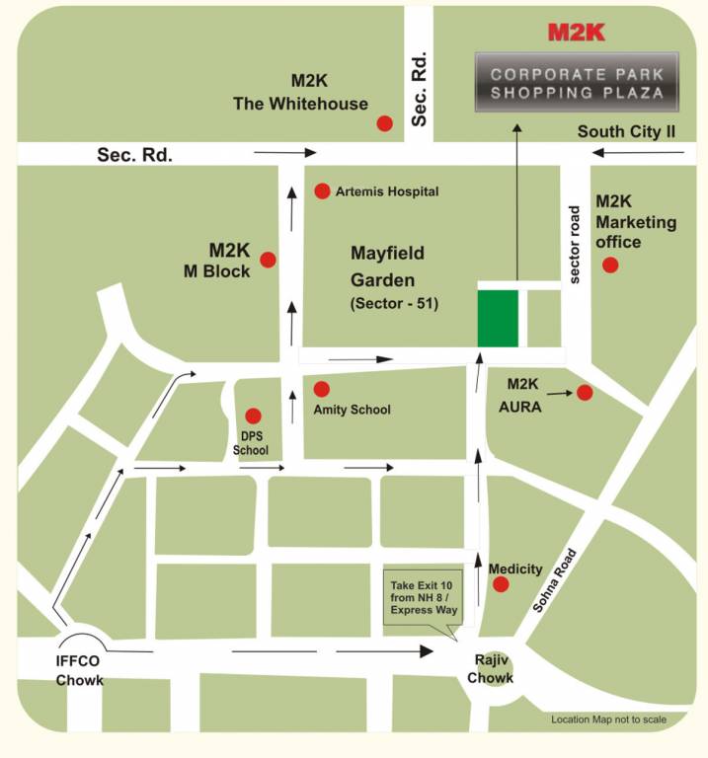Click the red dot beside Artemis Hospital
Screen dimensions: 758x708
[x=322, y=190]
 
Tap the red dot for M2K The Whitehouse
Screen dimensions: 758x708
[x=384, y=123]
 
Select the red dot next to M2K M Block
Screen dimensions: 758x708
[x=268, y=260]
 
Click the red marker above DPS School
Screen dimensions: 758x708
[x=253, y=417]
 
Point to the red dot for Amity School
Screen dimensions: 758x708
[x=322, y=389]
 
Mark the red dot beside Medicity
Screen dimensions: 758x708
[x=501, y=584]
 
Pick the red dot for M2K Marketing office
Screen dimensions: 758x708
[x=610, y=265]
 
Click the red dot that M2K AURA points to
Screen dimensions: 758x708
[x=585, y=393]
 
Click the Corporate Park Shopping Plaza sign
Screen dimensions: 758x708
[x=577, y=83]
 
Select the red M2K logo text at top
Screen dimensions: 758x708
[x=577, y=33]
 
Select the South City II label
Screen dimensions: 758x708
[x=631, y=131]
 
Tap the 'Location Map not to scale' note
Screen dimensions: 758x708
[x=608, y=720]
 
